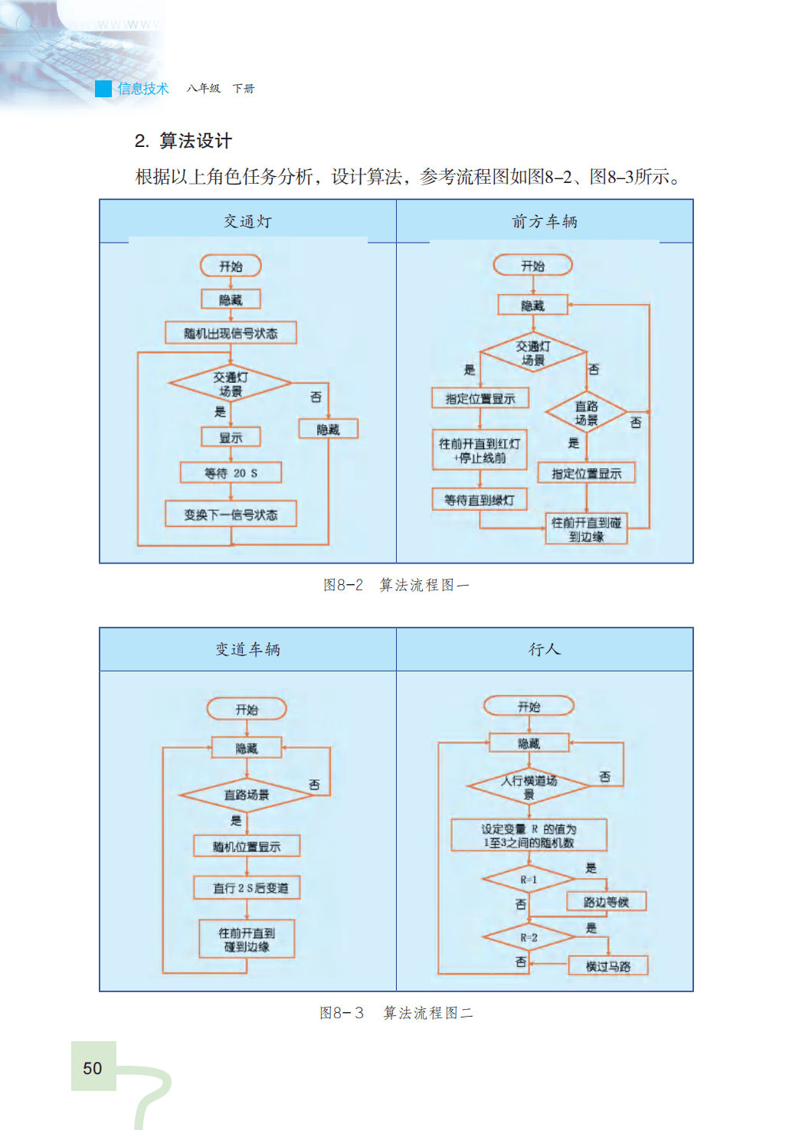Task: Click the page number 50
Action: click(93, 1068)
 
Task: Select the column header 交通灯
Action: click(247, 221)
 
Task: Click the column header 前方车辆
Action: click(545, 221)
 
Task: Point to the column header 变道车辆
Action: click(247, 649)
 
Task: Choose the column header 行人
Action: click(545, 649)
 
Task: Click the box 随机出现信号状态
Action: click(231, 333)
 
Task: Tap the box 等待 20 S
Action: click(231, 472)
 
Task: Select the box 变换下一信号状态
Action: click(231, 514)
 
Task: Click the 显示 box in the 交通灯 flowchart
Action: click(231, 437)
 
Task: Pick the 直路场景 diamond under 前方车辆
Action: click(586, 413)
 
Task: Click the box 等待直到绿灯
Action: click(480, 500)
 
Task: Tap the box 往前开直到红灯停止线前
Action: click(480, 450)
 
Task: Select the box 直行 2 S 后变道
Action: click(247, 888)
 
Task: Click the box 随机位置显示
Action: click(247, 846)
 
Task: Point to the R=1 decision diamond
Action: click(529, 880)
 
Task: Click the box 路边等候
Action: click(606, 902)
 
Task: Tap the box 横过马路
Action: click(608, 966)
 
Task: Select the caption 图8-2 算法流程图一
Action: click(396, 585)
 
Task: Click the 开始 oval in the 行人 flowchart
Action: click(529, 707)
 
